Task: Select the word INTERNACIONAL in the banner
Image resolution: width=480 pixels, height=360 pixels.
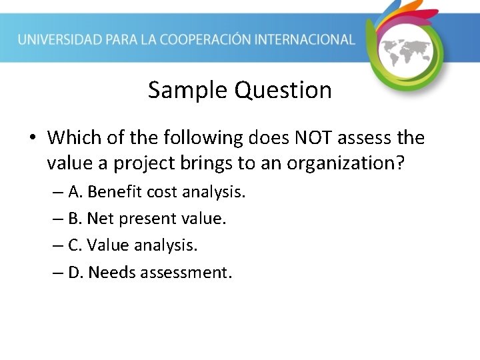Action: (310, 39)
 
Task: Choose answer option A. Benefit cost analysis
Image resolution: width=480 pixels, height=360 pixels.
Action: (157, 192)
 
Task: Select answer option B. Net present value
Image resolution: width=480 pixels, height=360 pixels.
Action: (147, 219)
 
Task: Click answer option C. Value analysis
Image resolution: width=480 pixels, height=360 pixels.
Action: (133, 245)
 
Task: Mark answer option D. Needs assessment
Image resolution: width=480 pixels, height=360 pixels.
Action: (150, 272)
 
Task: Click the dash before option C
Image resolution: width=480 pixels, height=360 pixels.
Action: (59, 245)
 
